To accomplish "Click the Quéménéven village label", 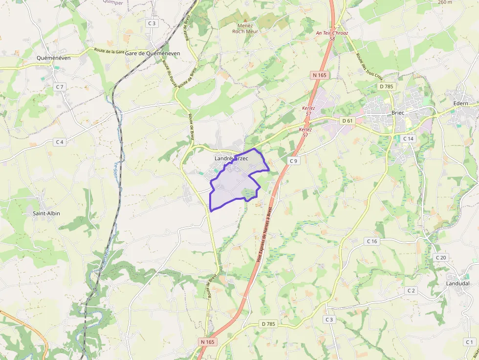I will point(54,58).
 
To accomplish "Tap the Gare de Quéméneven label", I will point(152,53).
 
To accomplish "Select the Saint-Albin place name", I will point(46,213).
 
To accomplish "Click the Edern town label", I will point(460,104).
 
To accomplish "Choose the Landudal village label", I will point(457,283).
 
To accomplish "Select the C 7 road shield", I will point(60,86).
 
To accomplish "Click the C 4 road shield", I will point(60,142).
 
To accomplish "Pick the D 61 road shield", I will point(348,120).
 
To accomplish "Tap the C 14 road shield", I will point(408,139).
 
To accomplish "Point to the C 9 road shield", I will point(293,161).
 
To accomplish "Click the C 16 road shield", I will point(372,241).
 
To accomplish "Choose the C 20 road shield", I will point(441,257).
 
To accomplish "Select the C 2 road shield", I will point(411,291).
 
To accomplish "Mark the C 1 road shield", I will point(469,342).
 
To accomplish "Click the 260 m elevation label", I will point(445,2).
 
